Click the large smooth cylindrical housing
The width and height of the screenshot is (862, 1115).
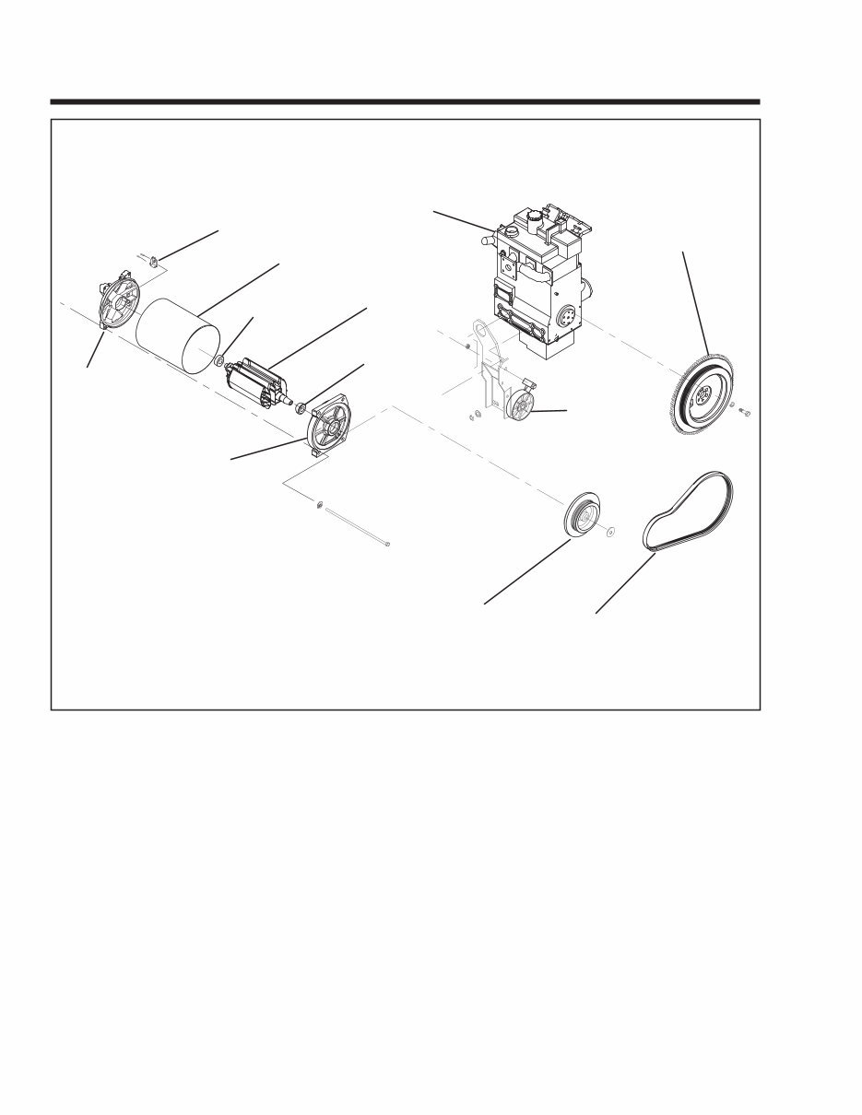point(175,336)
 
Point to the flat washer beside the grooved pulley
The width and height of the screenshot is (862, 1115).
point(611,532)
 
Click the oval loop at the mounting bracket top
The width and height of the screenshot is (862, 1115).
point(478,329)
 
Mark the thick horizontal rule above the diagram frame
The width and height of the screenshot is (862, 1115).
point(405,101)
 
